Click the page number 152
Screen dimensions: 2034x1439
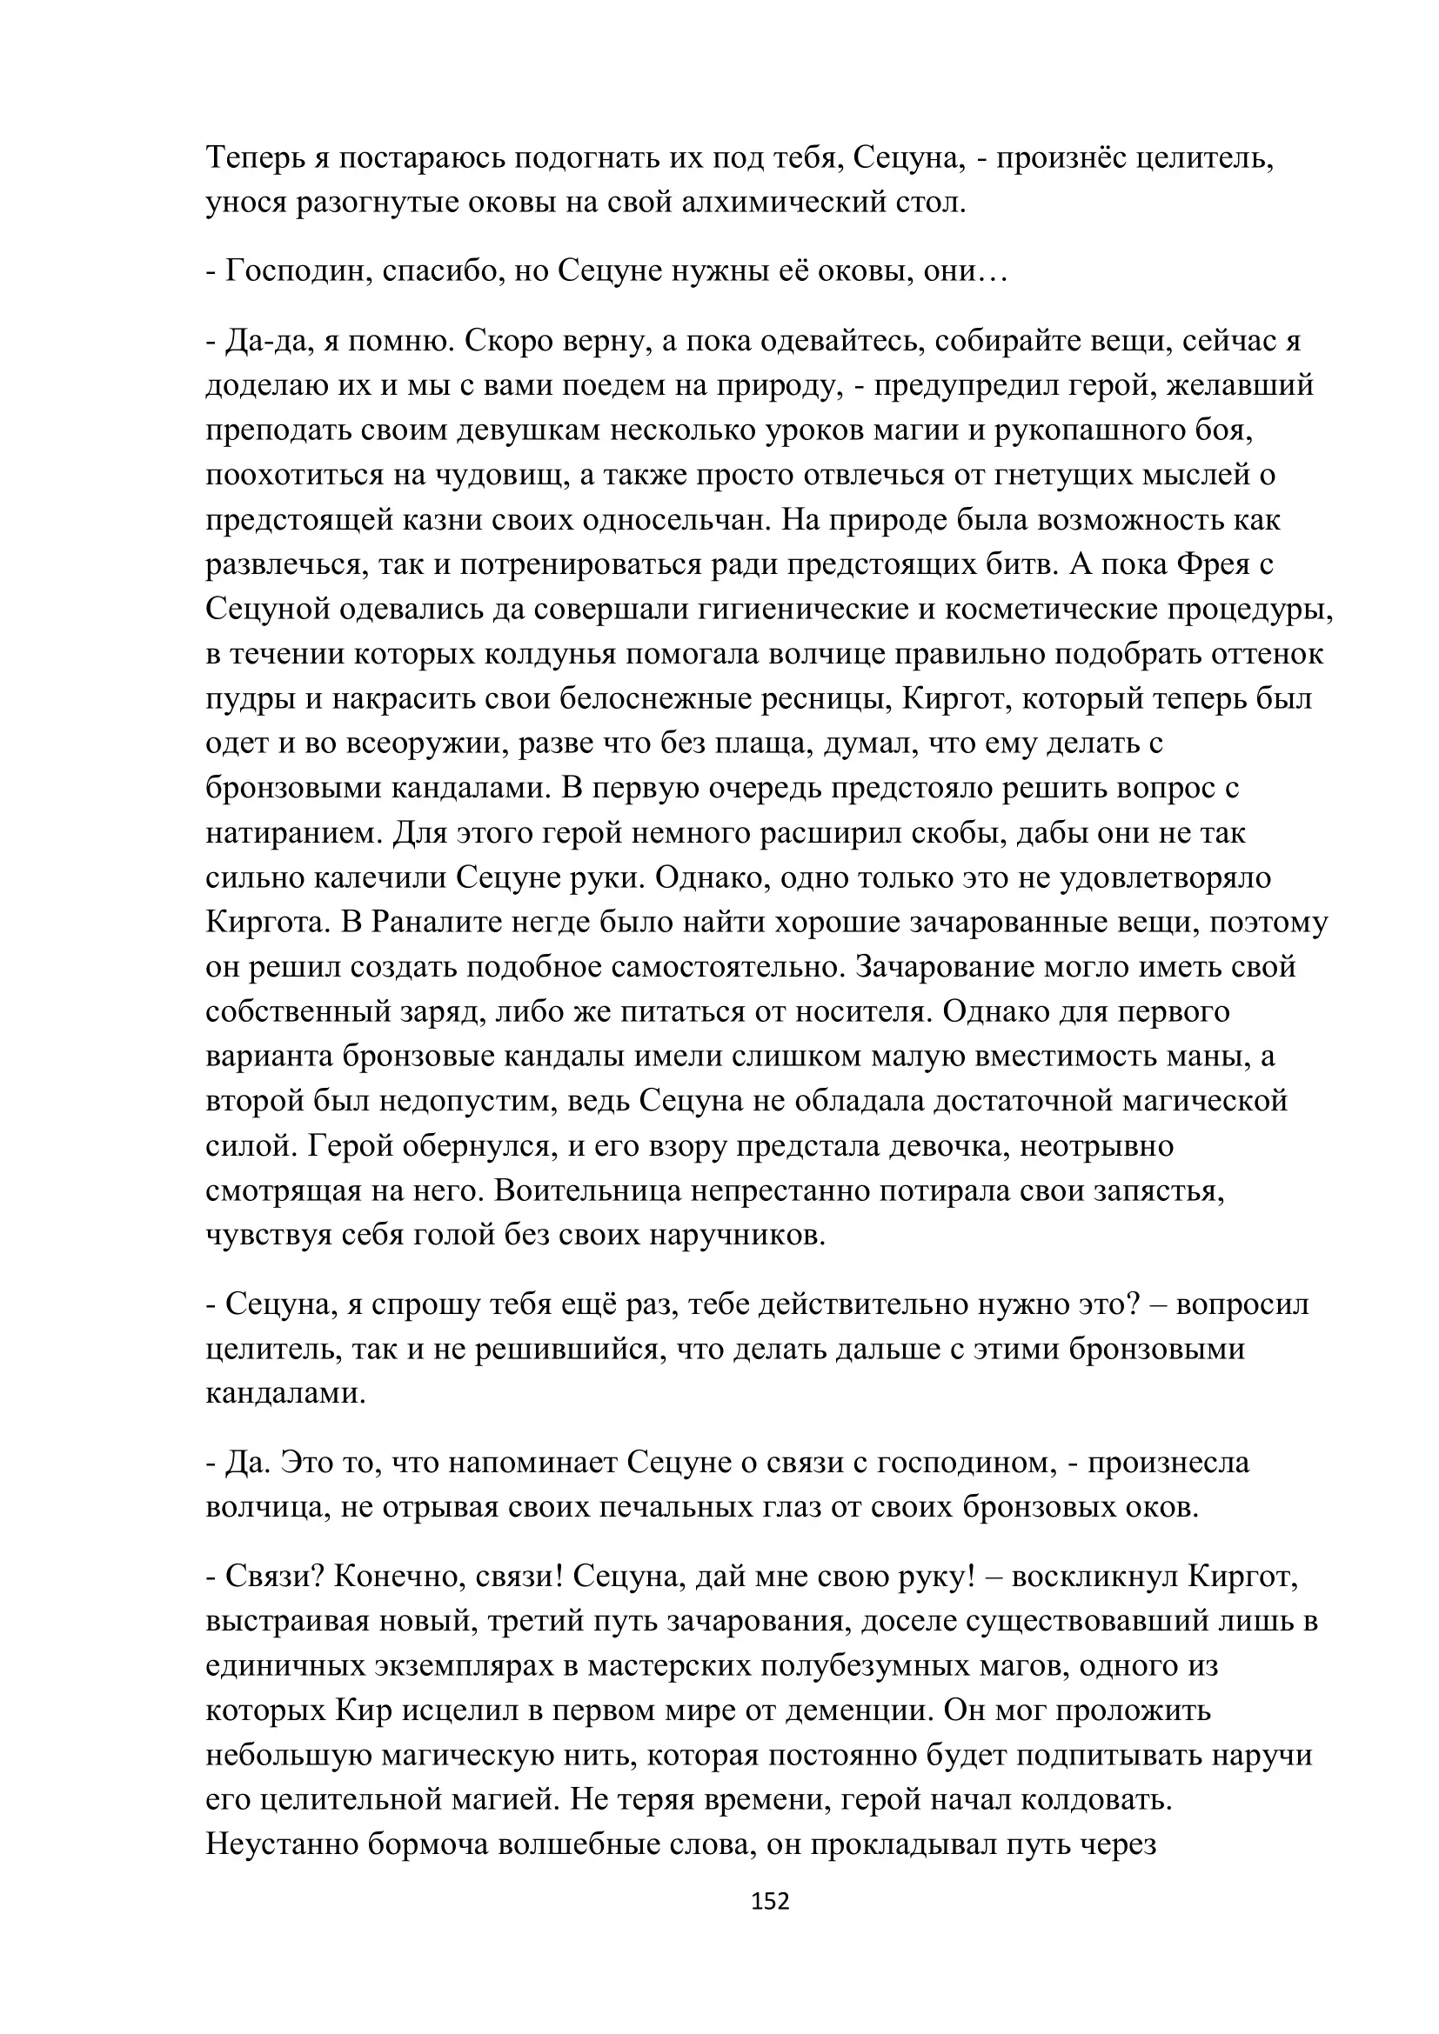coord(770,1900)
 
